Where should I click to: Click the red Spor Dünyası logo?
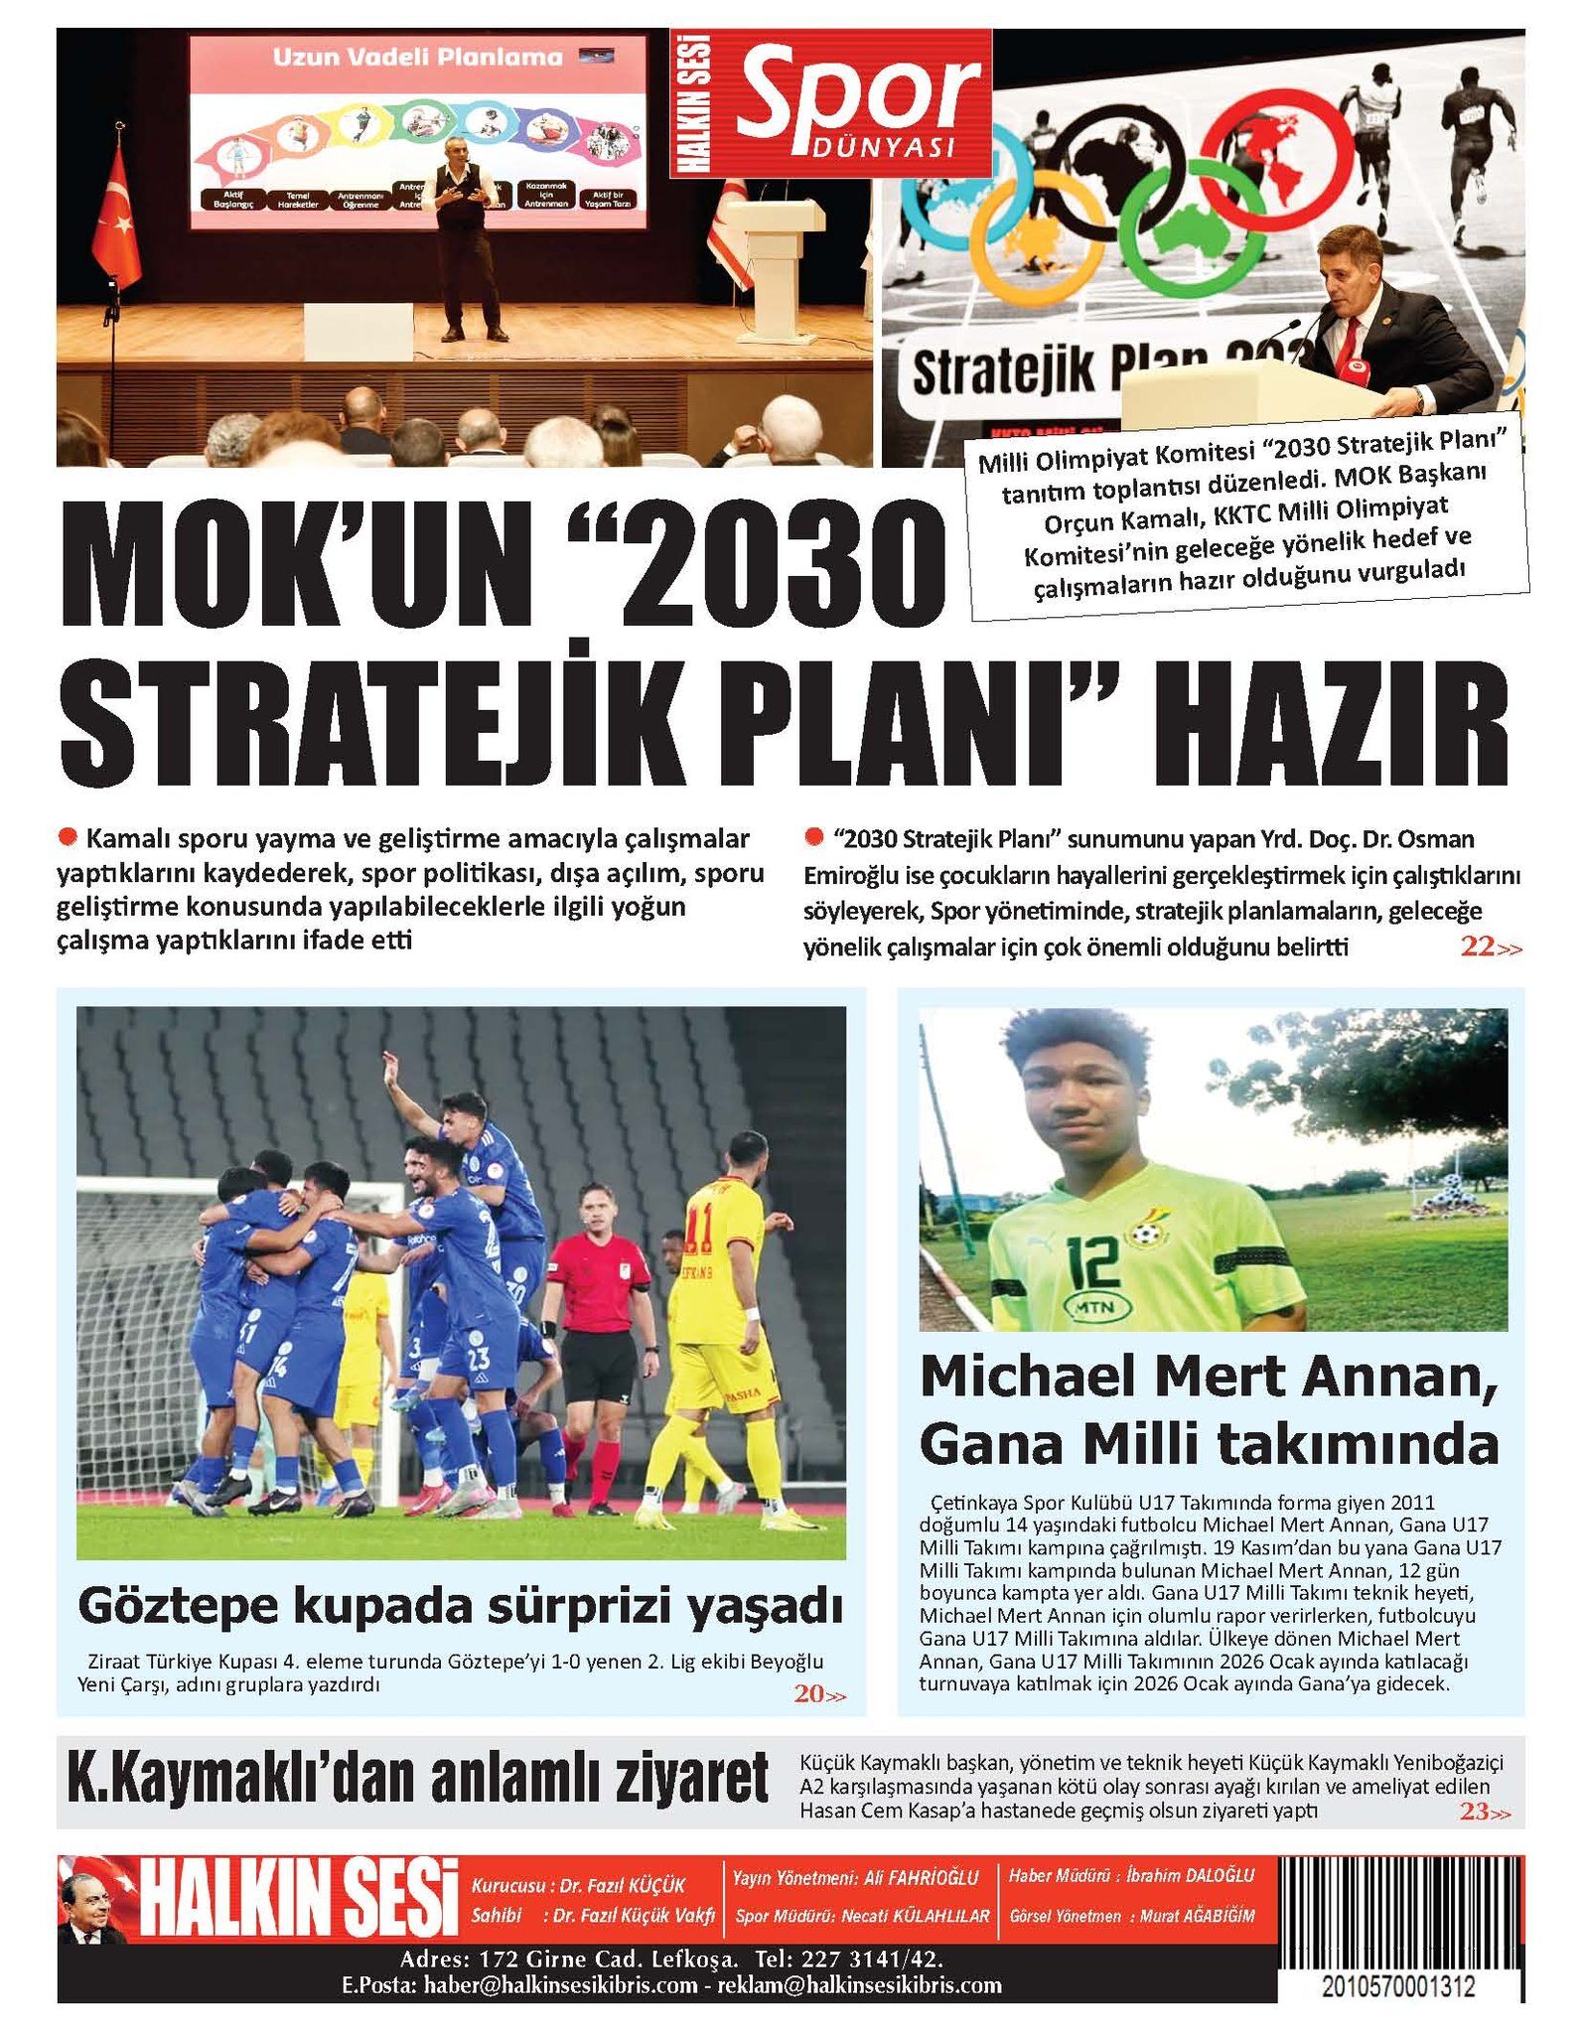(830, 103)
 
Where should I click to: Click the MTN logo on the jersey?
(1095, 1309)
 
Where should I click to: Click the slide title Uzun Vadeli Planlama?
(417, 58)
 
